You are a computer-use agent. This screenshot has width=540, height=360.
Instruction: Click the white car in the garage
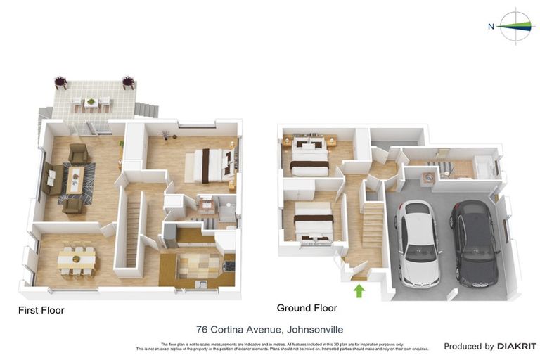(418, 243)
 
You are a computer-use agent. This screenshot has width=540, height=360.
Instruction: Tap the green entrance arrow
(359, 290)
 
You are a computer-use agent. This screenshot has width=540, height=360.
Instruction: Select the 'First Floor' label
(41, 309)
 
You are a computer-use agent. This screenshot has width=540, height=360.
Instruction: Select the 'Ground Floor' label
(307, 308)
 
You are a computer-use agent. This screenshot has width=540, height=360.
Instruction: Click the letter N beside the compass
(491, 27)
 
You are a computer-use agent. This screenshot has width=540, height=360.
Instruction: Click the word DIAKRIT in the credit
(517, 346)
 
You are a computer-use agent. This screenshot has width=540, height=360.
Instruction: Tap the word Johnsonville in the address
(312, 328)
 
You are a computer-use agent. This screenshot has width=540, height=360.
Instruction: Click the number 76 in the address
(202, 328)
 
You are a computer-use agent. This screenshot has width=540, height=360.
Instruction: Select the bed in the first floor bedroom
(208, 166)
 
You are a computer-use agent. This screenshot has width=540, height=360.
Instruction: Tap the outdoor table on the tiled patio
(91, 103)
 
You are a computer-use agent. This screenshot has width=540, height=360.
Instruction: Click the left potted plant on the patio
(61, 82)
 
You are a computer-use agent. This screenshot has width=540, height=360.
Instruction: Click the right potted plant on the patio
(128, 82)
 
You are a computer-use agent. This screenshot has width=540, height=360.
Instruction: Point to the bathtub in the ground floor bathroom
(484, 167)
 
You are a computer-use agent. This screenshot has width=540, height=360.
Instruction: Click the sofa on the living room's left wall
(51, 179)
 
